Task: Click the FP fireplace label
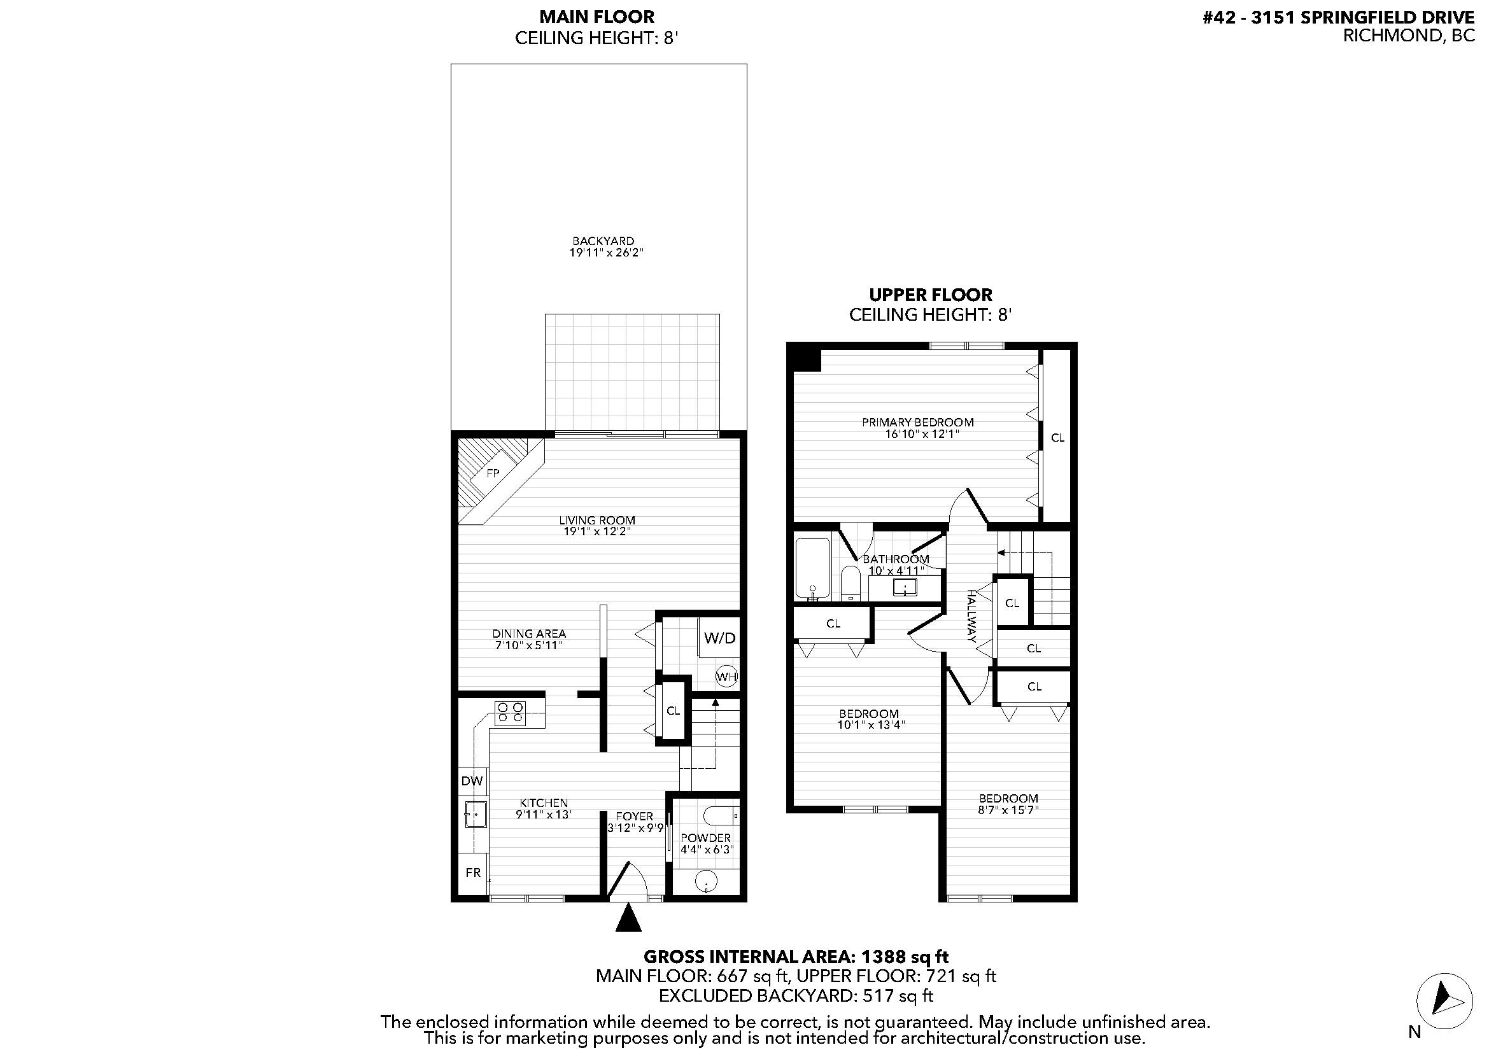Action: (493, 473)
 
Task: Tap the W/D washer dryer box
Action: (719, 638)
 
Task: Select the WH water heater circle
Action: (726, 677)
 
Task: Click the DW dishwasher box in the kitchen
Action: (472, 781)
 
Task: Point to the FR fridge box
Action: (473, 873)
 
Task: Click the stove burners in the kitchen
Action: (510, 713)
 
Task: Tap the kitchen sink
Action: (476, 814)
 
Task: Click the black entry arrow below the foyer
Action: (628, 918)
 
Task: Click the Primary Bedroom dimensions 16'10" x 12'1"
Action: (922, 433)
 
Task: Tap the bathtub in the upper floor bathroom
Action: (812, 568)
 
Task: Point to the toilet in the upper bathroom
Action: (850, 583)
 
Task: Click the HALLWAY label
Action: (971, 616)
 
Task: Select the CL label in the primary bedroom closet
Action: (1057, 437)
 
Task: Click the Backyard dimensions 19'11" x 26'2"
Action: (605, 252)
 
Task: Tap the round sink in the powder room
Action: (705, 881)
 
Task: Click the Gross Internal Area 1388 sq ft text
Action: (796, 957)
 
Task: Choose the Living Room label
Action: (596, 520)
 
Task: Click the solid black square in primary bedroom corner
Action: (805, 358)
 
